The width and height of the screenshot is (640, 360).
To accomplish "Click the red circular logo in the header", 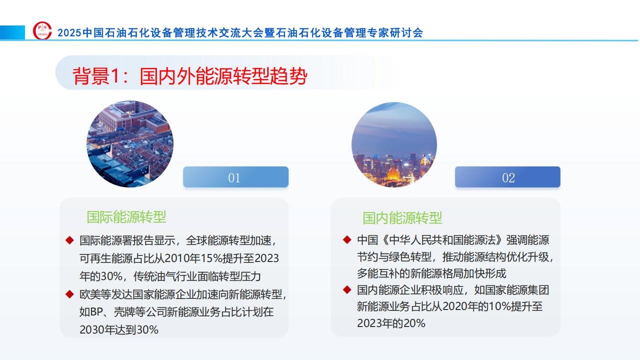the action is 42,30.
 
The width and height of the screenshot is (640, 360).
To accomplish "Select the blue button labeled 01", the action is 235,177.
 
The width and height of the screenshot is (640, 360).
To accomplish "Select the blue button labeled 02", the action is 507,177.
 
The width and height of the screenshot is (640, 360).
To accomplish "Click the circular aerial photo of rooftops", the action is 130,143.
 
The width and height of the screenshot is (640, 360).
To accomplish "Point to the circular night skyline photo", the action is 394,144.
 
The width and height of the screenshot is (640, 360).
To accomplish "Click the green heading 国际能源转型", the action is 126,217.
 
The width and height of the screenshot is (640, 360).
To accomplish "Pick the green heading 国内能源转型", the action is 402,218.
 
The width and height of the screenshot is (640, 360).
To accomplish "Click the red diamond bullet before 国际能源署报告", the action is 69,240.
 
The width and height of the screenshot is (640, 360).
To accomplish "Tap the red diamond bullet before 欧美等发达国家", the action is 69,294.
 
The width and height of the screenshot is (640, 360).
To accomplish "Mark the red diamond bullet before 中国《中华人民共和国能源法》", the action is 347,239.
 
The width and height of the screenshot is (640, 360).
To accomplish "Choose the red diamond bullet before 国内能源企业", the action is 347,289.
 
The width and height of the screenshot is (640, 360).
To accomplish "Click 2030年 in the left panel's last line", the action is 97,329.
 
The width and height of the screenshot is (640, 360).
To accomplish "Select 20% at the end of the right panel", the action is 414,323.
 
